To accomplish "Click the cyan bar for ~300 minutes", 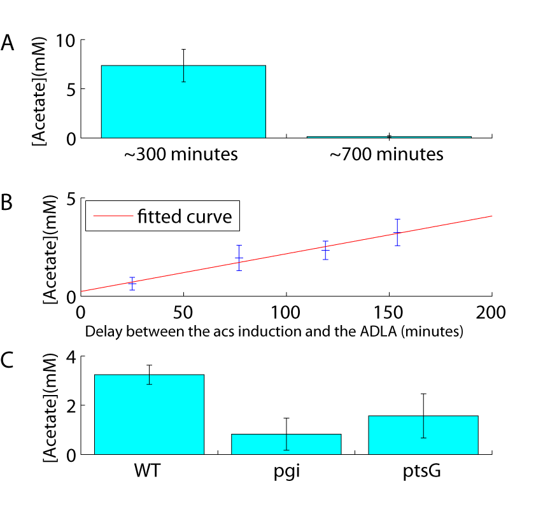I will point(183,102).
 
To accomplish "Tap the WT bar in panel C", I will point(150,415).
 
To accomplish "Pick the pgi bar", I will point(286,444).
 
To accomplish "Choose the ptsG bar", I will point(423,435).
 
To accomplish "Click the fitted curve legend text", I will point(188,218).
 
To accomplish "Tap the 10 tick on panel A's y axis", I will point(66,40).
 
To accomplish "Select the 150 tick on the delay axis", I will point(389,313).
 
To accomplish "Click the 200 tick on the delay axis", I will point(491,313).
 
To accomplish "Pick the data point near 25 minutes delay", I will point(132,284).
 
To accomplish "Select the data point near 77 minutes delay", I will point(239,258).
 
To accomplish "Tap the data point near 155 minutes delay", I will point(397,232).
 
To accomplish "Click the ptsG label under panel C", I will point(423,473).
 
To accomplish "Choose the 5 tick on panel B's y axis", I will point(71,198).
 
